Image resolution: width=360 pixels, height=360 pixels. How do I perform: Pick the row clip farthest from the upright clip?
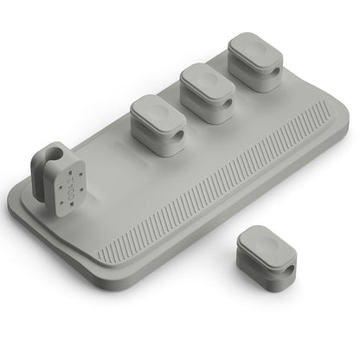pyautogui.click(x=254, y=61)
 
